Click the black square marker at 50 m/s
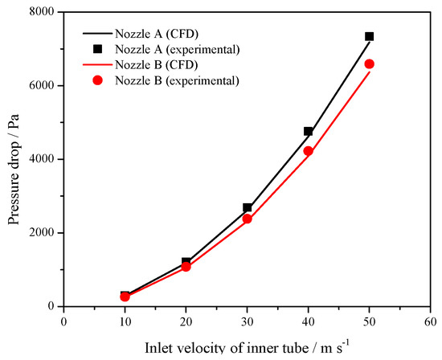tap(369, 36)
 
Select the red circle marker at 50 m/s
tap(369, 63)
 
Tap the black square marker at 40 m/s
tap(308, 131)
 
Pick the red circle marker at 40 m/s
tap(308, 151)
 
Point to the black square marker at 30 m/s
tap(247, 207)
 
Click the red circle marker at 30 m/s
tap(247, 219)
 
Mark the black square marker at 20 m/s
tap(186, 262)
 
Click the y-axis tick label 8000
tap(40, 12)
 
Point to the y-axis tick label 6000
tap(40, 86)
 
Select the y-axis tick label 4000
tap(40, 159)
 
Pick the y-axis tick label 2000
tap(40, 233)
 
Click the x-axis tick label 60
tap(430, 321)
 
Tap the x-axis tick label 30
tap(247, 321)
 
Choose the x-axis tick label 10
tap(125, 321)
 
